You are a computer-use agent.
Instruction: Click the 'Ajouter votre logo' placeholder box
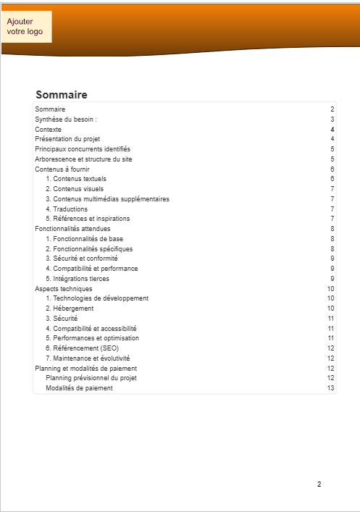26,27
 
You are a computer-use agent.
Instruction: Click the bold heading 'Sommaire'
62,95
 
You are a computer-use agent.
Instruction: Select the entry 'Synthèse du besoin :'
66,119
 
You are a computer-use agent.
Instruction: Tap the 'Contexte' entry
48,129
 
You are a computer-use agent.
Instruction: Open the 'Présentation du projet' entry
67,138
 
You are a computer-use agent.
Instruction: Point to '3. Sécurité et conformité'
81,259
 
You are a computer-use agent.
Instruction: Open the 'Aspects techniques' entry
64,288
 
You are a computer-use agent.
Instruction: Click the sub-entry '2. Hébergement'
70,309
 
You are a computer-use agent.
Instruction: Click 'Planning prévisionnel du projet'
91,378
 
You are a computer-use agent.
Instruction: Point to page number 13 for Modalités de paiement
330,388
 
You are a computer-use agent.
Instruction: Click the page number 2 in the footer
319,484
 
